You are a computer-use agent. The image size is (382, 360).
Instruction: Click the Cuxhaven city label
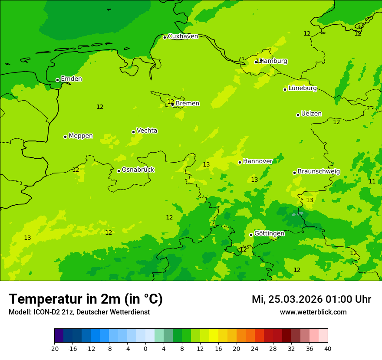[183, 36]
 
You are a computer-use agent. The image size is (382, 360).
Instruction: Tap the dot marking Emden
[57, 80]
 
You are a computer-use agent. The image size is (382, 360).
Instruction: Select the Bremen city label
[188, 104]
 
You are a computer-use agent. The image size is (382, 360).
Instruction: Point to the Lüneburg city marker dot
[285, 89]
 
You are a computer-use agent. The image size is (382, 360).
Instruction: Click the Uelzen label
[311, 114]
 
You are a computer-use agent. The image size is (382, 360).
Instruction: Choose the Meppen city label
[81, 136]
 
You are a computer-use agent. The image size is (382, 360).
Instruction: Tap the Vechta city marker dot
[133, 132]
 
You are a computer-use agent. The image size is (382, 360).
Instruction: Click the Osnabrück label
[138, 170]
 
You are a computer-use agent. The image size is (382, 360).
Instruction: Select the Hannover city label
[257, 161]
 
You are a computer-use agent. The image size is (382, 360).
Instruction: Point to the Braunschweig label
[319, 172]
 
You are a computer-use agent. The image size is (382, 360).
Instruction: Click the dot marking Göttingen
[251, 235]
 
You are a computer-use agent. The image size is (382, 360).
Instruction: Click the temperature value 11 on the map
[372, 182]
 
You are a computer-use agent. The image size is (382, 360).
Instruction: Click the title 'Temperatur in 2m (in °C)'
[86, 299]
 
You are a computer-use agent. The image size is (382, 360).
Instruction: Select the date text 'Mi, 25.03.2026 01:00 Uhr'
[311, 300]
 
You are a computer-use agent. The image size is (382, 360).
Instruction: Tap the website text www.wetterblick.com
[313, 312]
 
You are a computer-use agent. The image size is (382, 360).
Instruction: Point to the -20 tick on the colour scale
[54, 349]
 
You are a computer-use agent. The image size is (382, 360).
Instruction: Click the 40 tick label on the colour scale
[328, 349]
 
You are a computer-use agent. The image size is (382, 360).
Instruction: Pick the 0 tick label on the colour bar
[145, 349]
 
